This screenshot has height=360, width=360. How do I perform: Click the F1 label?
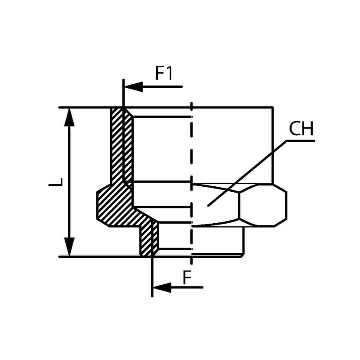pos(164,73)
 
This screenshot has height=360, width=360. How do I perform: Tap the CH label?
pos(301,129)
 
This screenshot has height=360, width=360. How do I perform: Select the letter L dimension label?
pos(55,182)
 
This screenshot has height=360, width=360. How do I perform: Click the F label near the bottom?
pos(188,278)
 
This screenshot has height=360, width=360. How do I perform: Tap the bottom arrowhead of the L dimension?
pos(69,247)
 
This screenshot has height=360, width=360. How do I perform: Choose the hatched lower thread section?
pos(148,238)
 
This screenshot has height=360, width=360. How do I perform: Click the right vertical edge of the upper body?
pos(273,144)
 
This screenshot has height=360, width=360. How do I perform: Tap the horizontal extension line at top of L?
pos(85,108)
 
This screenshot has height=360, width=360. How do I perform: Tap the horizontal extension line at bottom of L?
pos(99,256)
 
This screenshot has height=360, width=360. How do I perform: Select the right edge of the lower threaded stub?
pos(243,241)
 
